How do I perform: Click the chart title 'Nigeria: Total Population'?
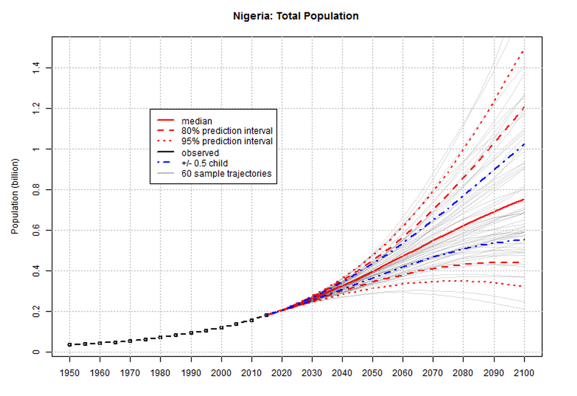tap(296, 17)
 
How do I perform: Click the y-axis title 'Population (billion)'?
tap(16, 196)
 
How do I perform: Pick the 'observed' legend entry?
tap(200, 152)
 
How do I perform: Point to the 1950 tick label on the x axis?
tap(70, 374)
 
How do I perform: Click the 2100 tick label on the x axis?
tap(524, 374)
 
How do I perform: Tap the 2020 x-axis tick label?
tap(281, 374)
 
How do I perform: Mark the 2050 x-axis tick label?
tap(372, 374)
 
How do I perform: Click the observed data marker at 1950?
tap(70, 345)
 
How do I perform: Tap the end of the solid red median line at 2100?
tap(524, 200)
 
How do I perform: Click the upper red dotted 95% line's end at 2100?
tap(524, 51)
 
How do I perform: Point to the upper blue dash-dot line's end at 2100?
tap(524, 144)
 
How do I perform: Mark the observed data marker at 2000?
tap(221, 327)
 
